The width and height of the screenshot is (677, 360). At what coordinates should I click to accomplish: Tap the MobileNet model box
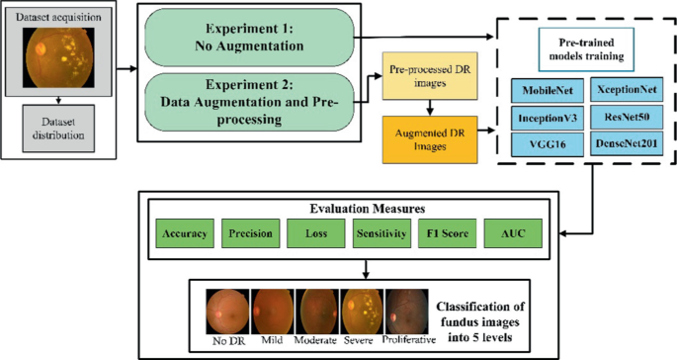pos(548,90)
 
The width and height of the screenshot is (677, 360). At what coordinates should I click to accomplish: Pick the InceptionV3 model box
pos(548,117)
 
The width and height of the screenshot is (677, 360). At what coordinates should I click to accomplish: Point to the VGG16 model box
pos(548,144)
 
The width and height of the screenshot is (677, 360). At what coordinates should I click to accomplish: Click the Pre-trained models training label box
pos(587,45)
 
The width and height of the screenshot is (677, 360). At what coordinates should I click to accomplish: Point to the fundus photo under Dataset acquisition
pos(60,57)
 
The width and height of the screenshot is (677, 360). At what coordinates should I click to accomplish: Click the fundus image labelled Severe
pos(361,309)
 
